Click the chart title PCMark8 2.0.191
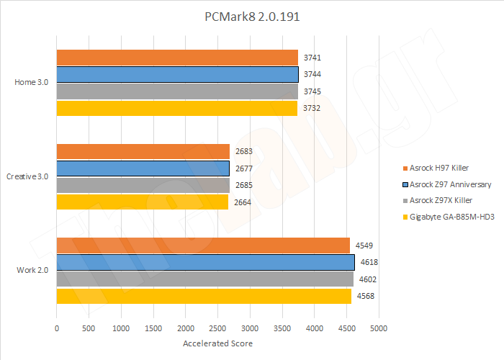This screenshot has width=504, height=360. (251, 17)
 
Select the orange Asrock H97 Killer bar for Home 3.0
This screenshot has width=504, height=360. (177, 58)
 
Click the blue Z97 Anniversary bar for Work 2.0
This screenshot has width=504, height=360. (205, 262)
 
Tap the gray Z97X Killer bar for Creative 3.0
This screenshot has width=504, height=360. (143, 185)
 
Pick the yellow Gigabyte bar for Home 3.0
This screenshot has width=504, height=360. (176, 109)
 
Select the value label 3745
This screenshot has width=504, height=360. (312, 91)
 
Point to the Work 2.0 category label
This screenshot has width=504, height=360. (32, 270)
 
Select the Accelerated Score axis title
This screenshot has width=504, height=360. (217, 343)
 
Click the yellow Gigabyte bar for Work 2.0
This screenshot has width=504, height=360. (203, 296)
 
